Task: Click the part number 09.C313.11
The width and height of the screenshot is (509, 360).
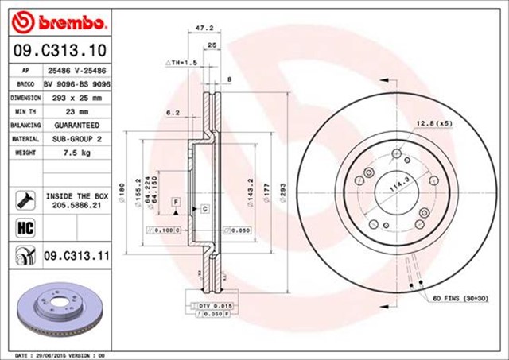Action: coord(76,256)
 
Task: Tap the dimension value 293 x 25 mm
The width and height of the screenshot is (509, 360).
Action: coord(77,98)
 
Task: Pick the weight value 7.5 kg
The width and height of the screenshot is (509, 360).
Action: coord(77,153)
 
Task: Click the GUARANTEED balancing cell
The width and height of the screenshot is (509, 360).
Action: coord(77,126)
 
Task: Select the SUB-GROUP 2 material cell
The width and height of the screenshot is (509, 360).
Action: coord(77,139)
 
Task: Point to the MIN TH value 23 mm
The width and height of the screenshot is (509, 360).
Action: coord(77,111)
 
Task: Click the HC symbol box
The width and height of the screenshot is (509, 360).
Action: coord(24,229)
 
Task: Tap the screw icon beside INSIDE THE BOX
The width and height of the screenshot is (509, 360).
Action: coord(24,198)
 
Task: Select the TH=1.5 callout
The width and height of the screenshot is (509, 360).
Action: coord(181,62)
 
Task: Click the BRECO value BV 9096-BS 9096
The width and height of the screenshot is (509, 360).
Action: coord(77,83)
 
